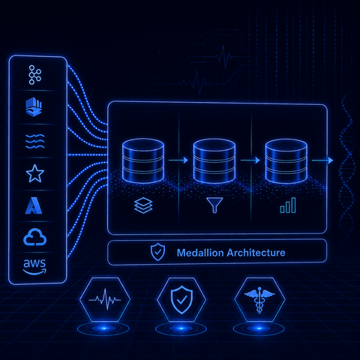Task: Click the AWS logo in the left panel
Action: point(34,267)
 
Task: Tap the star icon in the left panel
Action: point(35,173)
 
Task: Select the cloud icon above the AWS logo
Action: point(34,237)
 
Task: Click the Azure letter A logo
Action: point(34,205)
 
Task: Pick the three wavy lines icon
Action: point(35,141)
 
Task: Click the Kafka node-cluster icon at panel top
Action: point(34,75)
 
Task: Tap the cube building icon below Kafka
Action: point(34,106)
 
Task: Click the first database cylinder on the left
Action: point(143,160)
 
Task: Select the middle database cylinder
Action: point(214,160)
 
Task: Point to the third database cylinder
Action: point(286,161)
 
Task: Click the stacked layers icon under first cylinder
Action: point(143,205)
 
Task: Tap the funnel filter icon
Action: point(214,205)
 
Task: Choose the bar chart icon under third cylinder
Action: point(288,205)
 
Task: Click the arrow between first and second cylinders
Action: point(178,160)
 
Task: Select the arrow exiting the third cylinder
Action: point(322,160)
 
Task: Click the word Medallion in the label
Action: point(200,253)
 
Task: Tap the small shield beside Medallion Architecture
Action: point(157,252)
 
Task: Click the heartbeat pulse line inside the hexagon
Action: point(105,299)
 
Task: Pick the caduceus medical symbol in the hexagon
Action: point(259,300)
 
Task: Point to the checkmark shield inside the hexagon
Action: point(181,299)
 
